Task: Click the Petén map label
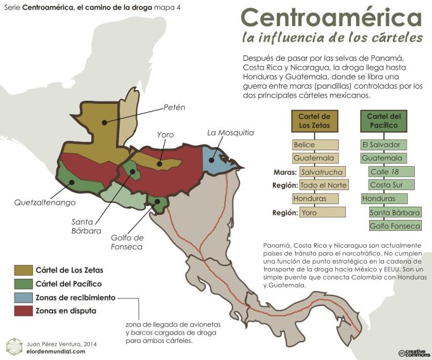click(x=174, y=107)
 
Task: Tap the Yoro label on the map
click(x=165, y=134)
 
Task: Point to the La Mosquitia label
click(x=231, y=132)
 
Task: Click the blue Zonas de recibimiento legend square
click(x=20, y=297)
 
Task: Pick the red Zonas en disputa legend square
click(x=20, y=311)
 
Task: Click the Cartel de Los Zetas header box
click(x=315, y=120)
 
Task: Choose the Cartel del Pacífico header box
click(x=384, y=120)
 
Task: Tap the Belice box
click(x=315, y=145)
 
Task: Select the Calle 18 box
click(x=391, y=172)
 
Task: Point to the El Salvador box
click(x=384, y=145)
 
